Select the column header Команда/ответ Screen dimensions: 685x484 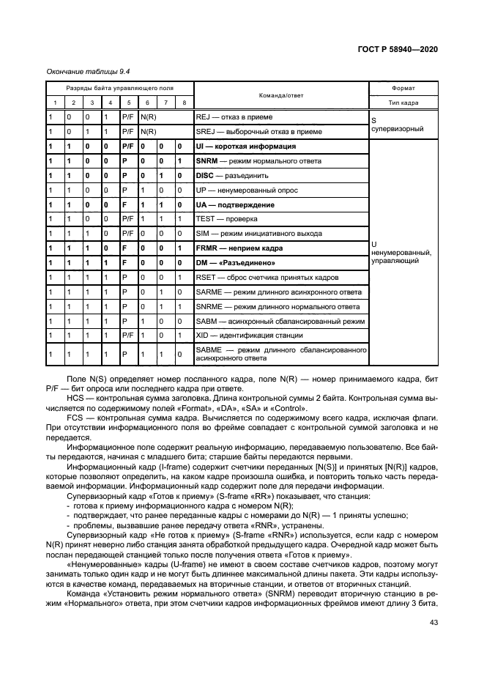tap(280, 95)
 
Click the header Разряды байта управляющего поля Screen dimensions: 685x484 tap(119, 88)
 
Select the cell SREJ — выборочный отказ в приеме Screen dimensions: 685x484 tap(252, 132)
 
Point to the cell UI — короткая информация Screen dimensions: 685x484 tap(245, 147)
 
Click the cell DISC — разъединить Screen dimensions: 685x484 tap(232, 176)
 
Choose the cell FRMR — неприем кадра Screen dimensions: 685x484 tap(239, 248)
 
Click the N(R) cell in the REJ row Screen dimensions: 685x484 tap(148, 117)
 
